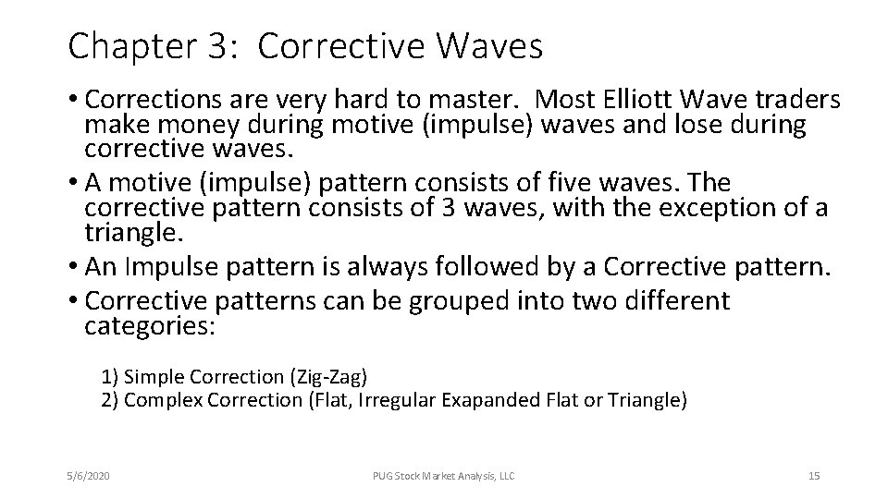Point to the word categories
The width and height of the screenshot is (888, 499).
tap(148, 326)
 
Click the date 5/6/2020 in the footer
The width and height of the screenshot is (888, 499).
tap(89, 476)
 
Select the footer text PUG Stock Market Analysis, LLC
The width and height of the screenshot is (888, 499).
tap(443, 476)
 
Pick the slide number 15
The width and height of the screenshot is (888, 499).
tap(814, 476)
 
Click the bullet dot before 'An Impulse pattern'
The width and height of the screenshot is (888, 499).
tap(74, 269)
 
